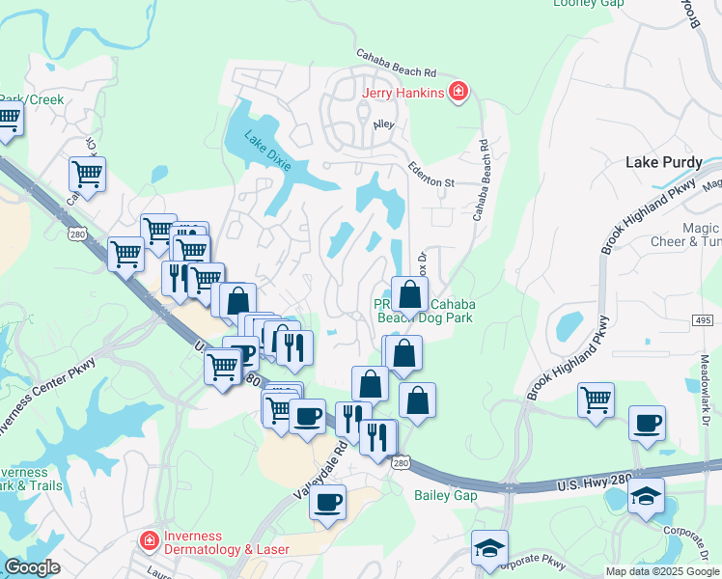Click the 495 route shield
tap(702, 319)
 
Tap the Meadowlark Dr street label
tap(704, 397)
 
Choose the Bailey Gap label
tap(445, 495)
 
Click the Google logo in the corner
tap(32, 567)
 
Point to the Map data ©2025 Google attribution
tap(662, 571)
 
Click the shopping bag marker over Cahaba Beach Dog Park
tap(409, 296)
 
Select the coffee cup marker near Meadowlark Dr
tap(646, 423)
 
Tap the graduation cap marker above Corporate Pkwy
tap(489, 548)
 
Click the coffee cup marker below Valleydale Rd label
tap(328, 502)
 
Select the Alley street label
tap(384, 125)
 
